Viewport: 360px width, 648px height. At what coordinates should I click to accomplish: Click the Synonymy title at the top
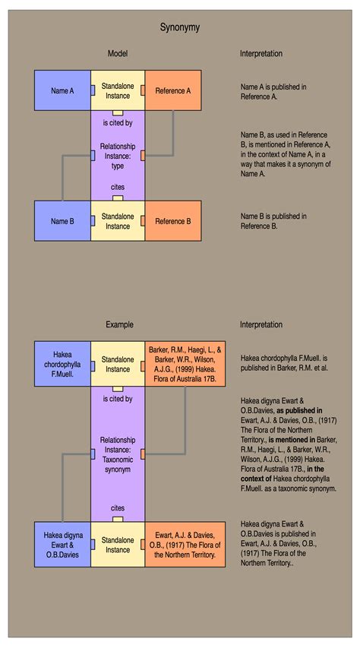pyautogui.click(x=180, y=27)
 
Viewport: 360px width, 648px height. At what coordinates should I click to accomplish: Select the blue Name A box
pyautogui.click(x=62, y=90)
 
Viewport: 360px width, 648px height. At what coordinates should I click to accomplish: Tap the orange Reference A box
pyautogui.click(x=173, y=90)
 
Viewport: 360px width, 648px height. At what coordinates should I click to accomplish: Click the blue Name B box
pyautogui.click(x=62, y=221)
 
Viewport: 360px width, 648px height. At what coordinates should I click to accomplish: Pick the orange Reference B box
pyautogui.click(x=173, y=221)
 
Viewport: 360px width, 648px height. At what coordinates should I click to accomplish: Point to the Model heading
pyautogui.click(x=118, y=54)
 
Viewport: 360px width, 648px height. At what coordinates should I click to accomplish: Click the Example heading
pyautogui.click(x=119, y=324)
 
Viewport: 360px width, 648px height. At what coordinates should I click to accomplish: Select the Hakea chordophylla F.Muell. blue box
pyautogui.click(x=62, y=364)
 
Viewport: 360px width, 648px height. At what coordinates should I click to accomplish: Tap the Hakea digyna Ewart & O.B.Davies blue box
pyautogui.click(x=62, y=545)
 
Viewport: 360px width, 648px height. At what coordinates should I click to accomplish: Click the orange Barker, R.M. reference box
pyautogui.click(x=185, y=364)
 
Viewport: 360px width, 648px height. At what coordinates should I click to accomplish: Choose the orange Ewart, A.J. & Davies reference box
pyautogui.click(x=185, y=545)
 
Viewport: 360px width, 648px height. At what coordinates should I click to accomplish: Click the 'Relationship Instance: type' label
pyautogui.click(x=118, y=156)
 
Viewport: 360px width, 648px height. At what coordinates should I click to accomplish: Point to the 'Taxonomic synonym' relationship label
pyautogui.click(x=118, y=464)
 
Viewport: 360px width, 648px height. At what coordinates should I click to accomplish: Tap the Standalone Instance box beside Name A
pyautogui.click(x=118, y=90)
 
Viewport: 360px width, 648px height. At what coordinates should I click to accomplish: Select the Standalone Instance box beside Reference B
pyautogui.click(x=118, y=221)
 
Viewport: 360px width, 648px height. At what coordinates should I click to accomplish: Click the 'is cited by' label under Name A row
pyautogui.click(x=118, y=123)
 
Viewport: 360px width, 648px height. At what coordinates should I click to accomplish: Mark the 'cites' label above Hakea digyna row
pyautogui.click(x=118, y=508)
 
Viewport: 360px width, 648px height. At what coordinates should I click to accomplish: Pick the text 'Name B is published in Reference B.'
pyautogui.click(x=273, y=221)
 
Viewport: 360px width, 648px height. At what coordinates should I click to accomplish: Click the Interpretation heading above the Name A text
pyautogui.click(x=261, y=54)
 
